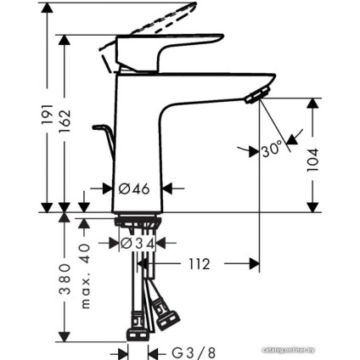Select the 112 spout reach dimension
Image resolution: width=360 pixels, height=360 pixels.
point(199,264)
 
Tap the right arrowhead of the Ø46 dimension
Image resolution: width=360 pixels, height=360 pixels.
point(167,188)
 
